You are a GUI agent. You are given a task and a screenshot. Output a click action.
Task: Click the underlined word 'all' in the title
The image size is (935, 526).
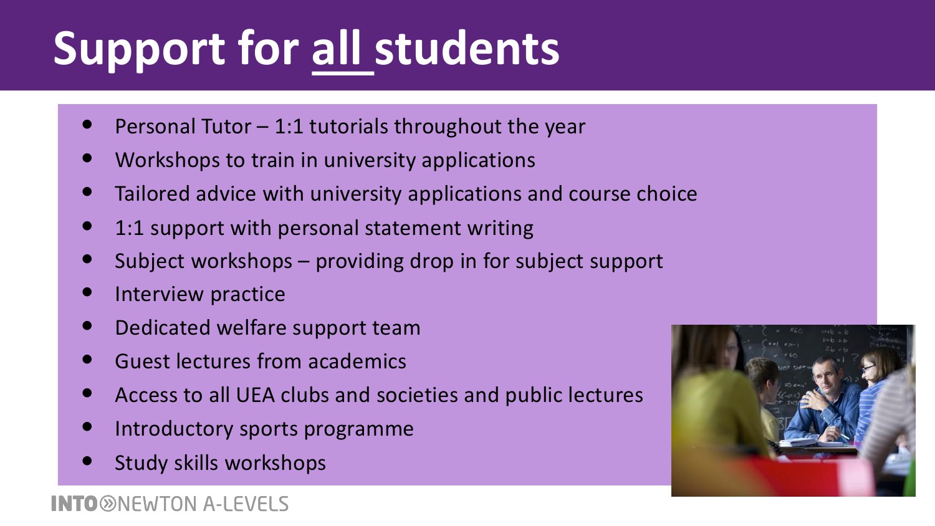(335, 49)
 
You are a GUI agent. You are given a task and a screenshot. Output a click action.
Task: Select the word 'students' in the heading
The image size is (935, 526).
(467, 49)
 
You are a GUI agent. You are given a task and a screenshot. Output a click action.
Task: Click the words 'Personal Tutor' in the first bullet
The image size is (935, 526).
(183, 126)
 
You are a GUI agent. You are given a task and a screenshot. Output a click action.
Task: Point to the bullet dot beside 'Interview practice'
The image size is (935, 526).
(87, 292)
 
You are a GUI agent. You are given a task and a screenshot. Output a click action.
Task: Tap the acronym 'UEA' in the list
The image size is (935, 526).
(255, 395)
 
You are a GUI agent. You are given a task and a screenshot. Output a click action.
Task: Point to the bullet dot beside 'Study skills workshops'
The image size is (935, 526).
(87, 461)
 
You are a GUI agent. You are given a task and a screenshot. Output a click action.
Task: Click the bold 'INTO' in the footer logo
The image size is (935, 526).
(75, 504)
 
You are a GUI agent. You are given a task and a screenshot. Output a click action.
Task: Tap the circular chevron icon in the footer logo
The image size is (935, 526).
(108, 504)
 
